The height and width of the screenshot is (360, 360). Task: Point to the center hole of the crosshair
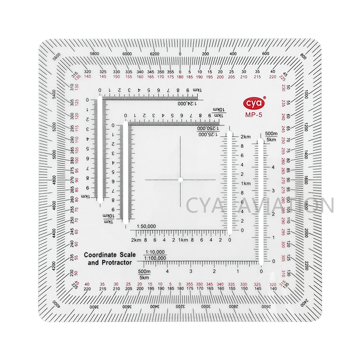coord(180,180)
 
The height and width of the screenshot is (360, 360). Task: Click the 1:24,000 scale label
coord(189,103)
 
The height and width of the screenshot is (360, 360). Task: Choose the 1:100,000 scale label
coord(155,258)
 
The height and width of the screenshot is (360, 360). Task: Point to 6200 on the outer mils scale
coord(155,53)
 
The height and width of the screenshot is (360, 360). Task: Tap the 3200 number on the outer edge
coord(180,306)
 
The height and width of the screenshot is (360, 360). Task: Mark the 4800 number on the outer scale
coord(53,180)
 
